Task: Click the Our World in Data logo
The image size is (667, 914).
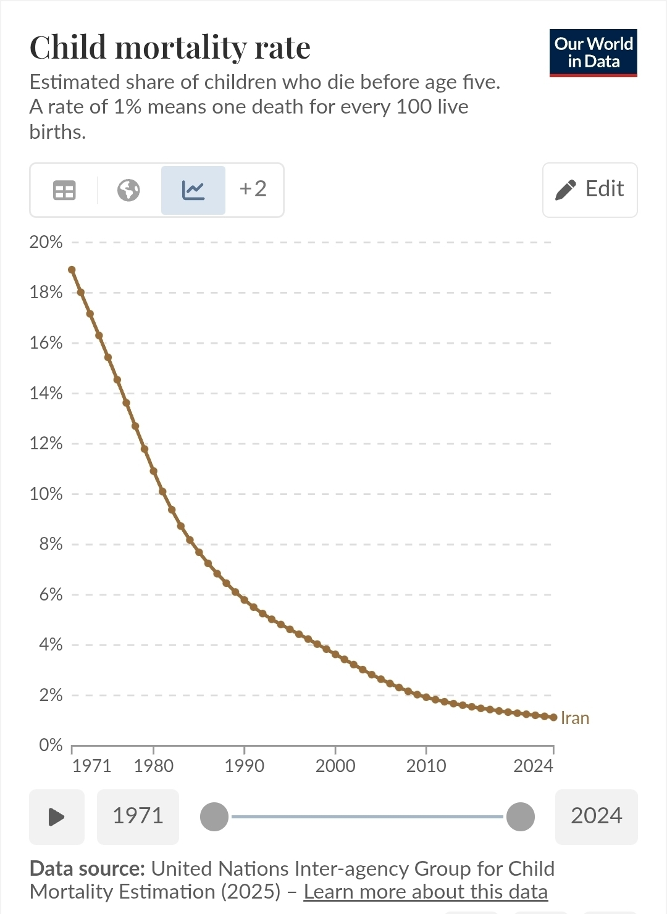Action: (x=593, y=53)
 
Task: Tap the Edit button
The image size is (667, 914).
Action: (x=590, y=189)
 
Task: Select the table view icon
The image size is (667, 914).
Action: (x=64, y=190)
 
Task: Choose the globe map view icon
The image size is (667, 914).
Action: (x=128, y=190)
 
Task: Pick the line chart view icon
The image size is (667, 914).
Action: (x=193, y=190)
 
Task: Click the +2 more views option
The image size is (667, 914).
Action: (x=253, y=189)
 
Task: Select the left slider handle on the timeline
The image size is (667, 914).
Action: (x=214, y=817)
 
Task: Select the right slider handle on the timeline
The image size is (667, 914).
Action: (x=521, y=817)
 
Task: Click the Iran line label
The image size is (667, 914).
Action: (x=575, y=718)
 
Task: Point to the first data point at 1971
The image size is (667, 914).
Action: (x=72, y=270)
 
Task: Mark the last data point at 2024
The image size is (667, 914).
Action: (x=553, y=717)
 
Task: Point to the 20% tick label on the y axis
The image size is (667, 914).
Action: (x=46, y=242)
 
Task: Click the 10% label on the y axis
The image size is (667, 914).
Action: (x=46, y=494)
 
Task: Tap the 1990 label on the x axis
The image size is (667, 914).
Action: (x=245, y=766)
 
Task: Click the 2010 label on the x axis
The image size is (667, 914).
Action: (x=426, y=766)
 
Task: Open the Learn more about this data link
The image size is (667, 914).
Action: (x=426, y=892)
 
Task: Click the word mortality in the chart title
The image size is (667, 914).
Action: (x=182, y=48)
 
